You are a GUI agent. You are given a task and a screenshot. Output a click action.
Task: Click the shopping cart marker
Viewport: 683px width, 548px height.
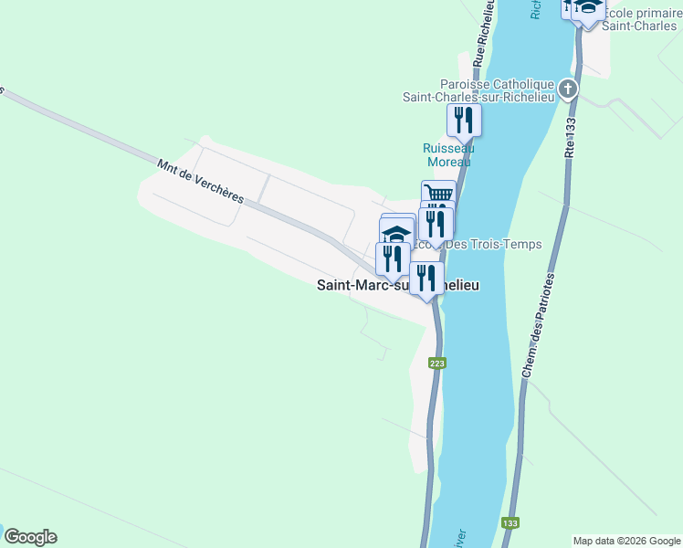coord(438,194)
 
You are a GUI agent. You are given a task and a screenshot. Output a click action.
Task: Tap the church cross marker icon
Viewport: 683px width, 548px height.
coord(568,89)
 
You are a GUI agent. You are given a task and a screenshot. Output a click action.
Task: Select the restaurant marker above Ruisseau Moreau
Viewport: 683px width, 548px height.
coord(464,119)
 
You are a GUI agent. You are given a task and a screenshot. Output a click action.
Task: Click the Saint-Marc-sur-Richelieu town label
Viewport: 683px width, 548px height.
coord(397,285)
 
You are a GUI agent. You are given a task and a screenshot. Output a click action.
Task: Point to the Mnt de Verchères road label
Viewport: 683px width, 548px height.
coord(200,181)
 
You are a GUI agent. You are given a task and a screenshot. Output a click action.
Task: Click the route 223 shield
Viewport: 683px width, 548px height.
coord(437,364)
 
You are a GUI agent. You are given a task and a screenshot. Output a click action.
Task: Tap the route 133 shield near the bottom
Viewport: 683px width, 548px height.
coord(510,523)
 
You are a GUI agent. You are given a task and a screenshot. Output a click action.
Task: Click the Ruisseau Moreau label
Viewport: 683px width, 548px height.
coord(448,154)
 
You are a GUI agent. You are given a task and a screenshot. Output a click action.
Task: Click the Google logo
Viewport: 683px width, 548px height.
coord(30,537)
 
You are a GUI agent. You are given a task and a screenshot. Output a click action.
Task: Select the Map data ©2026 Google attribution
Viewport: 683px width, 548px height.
coord(626,541)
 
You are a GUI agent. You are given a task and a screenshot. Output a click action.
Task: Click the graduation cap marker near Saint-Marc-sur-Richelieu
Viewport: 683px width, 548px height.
coord(397,232)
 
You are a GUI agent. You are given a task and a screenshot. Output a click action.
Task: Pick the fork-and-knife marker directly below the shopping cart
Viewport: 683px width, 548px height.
coord(436,223)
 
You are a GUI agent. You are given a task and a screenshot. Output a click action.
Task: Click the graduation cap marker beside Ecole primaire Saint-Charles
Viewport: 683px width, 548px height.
coord(589,8)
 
